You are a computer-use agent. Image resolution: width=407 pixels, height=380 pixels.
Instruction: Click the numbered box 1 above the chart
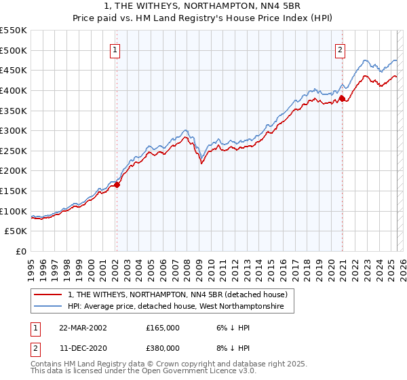(116, 49)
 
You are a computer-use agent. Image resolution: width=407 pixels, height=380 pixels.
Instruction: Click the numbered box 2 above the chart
(339, 49)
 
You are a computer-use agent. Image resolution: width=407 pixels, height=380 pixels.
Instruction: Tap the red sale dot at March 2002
(117, 184)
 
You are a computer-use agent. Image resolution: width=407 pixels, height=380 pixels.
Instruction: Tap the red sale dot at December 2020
(342, 98)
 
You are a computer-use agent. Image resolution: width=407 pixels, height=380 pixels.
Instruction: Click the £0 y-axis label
(21, 251)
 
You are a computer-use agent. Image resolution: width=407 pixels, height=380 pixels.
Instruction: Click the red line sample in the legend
(49, 294)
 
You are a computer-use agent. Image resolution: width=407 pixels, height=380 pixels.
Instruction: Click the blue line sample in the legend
(49, 307)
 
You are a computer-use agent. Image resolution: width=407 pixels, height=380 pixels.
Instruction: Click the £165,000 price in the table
(163, 327)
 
